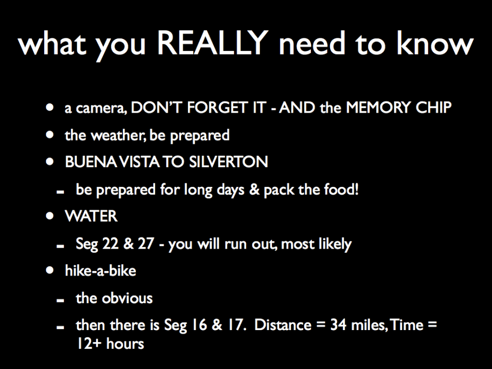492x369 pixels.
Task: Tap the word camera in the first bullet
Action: pyautogui.click(x=101, y=108)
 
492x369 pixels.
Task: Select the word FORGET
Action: pyautogui.click(x=217, y=107)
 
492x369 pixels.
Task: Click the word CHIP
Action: pyautogui.click(x=433, y=107)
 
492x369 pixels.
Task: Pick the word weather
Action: pyautogui.click(x=118, y=135)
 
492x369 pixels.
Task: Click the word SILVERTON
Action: pyautogui.click(x=228, y=162)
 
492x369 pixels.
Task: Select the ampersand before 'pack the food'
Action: pyautogui.click(x=254, y=189)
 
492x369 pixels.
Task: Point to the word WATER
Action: pyautogui.click(x=91, y=216)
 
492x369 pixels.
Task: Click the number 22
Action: pyautogui.click(x=110, y=244)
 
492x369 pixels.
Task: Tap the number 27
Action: pyautogui.click(x=146, y=244)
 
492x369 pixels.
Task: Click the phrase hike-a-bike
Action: pyautogui.click(x=100, y=270)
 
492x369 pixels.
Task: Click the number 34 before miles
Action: pyautogui.click(x=338, y=325)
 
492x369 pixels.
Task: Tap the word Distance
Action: pyautogui.click(x=283, y=325)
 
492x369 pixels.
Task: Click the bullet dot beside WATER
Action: pyautogui.click(x=50, y=216)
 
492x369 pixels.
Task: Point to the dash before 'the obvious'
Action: pyautogui.click(x=60, y=300)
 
